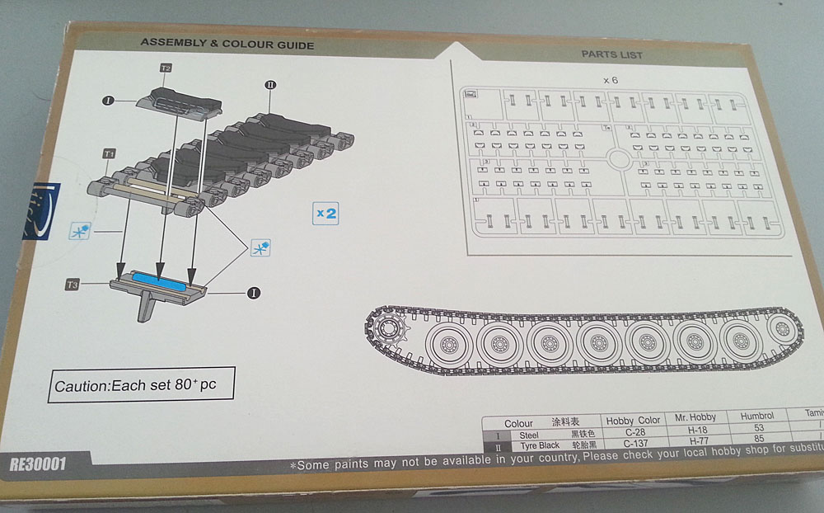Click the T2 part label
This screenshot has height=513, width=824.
[166, 68]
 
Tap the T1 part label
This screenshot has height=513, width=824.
[108, 153]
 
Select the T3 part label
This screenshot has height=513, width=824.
[72, 285]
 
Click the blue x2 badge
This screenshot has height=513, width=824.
[326, 213]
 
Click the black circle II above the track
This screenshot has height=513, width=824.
[270, 84]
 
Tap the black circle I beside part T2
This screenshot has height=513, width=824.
[107, 101]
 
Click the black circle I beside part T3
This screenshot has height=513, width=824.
[255, 291]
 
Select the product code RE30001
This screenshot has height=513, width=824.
[39, 464]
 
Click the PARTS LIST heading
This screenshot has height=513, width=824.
[611, 54]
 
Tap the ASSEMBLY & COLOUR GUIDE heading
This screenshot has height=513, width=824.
[227, 44]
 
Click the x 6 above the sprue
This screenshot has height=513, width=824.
[610, 80]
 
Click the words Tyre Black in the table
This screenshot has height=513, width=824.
[539, 445]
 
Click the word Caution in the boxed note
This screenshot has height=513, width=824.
[81, 386]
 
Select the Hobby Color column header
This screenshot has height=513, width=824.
[632, 420]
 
